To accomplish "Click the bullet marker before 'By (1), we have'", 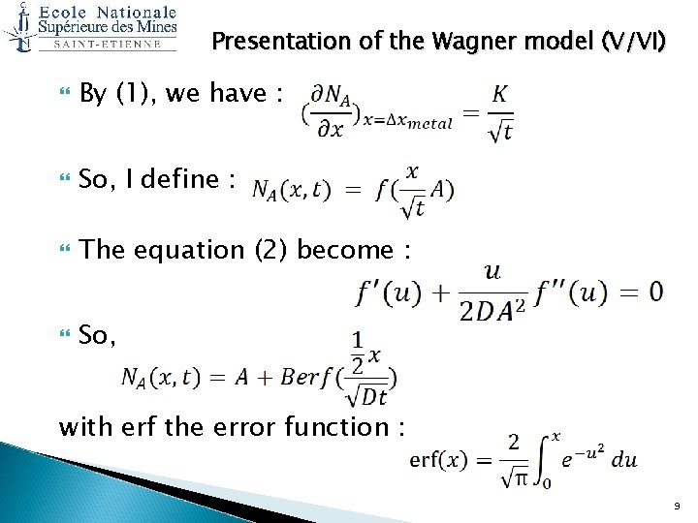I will click(x=64, y=95).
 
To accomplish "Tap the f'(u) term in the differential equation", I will click(x=390, y=292).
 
